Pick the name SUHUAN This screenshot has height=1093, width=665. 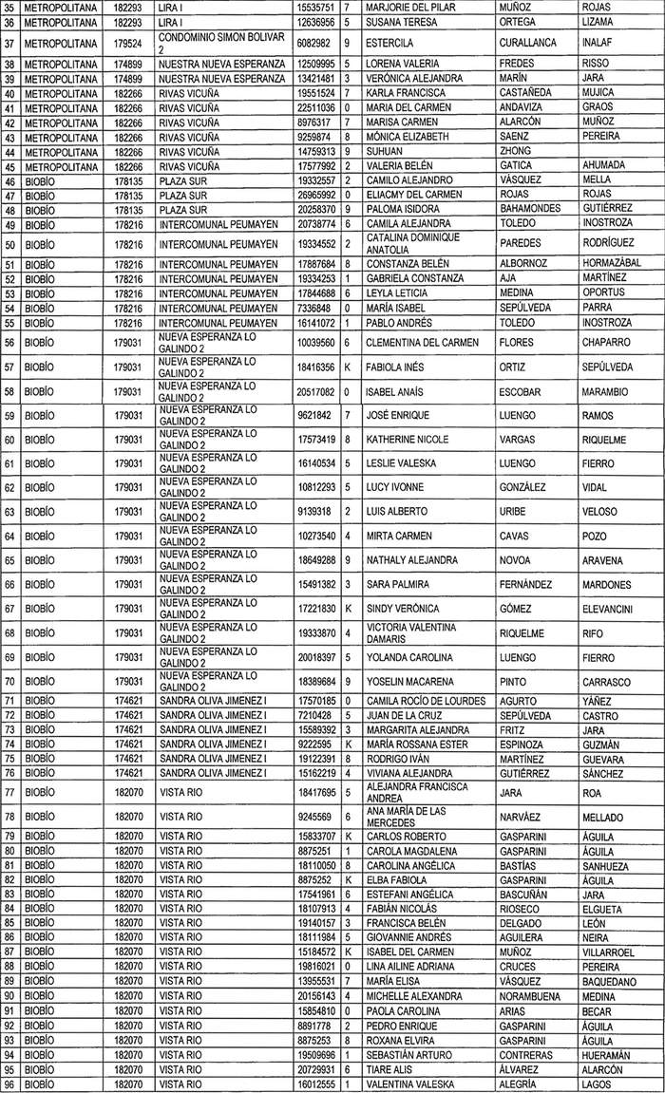384,151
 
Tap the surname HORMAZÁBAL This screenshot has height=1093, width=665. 610,263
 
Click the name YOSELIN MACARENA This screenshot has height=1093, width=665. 410,682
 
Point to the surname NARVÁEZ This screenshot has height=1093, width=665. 521,817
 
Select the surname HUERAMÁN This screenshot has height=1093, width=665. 611,1055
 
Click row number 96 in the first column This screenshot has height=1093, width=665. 10,1084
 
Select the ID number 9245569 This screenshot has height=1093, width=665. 316,817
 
